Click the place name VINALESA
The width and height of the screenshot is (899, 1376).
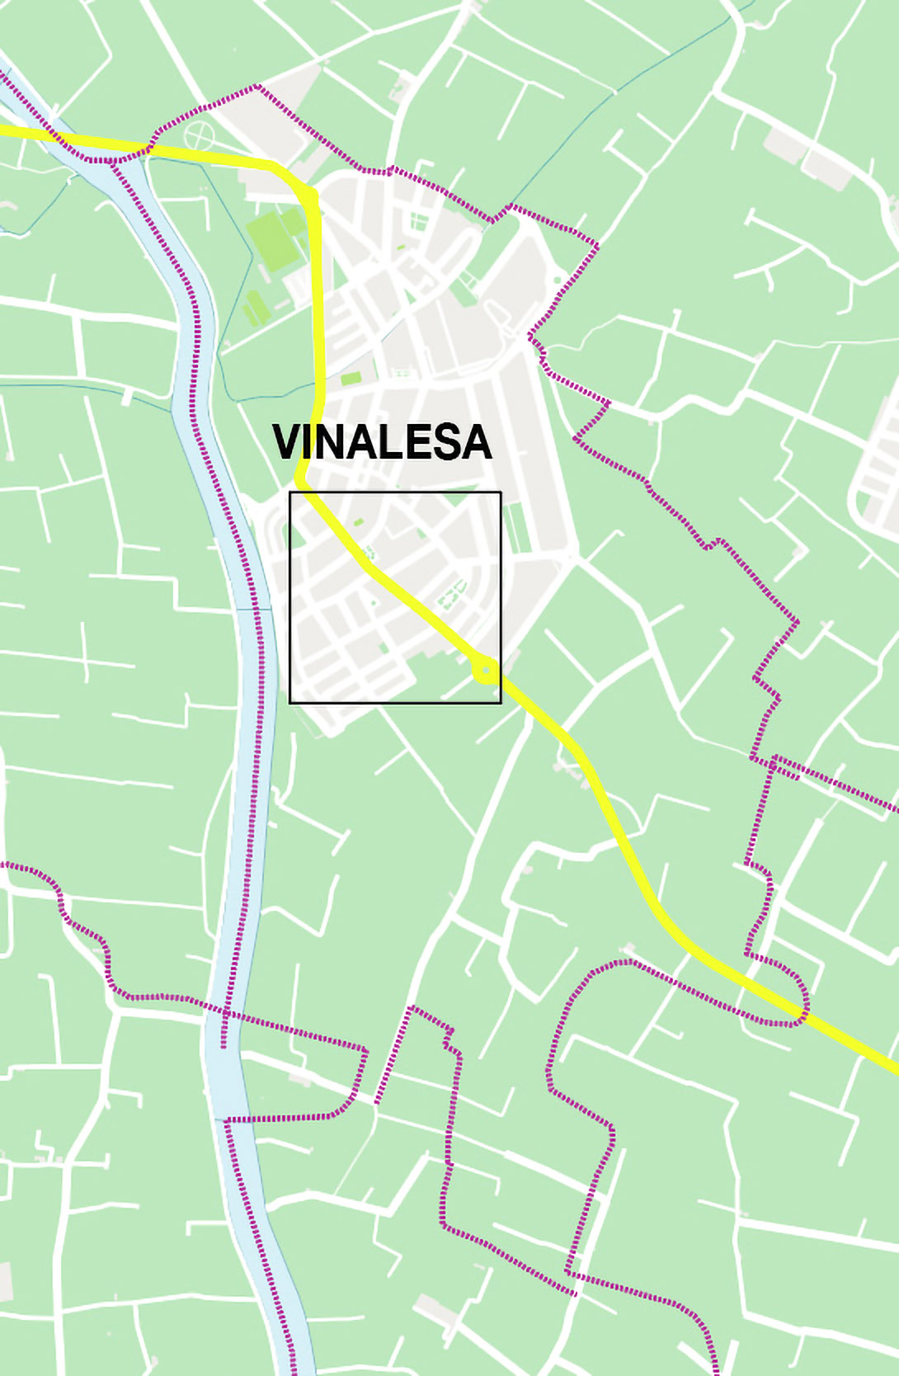[382, 442]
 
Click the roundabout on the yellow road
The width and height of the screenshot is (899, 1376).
[485, 670]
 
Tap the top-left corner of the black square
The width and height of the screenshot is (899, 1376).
[289, 492]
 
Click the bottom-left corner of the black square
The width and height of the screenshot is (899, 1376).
[289, 703]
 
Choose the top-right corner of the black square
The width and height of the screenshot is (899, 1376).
[501, 492]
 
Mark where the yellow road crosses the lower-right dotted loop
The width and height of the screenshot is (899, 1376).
[798, 1008]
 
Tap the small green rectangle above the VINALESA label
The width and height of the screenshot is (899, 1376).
[351, 379]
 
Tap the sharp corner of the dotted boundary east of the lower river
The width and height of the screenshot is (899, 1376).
[365, 1050]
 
